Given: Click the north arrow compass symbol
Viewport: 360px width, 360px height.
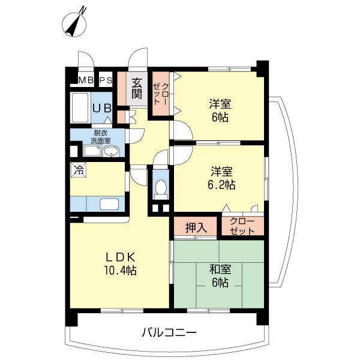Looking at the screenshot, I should [75, 23].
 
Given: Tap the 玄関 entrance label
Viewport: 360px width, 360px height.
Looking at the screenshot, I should [137, 88].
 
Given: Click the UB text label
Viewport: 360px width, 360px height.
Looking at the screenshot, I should [101, 109].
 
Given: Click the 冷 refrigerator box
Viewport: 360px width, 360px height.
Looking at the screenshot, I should [78, 170].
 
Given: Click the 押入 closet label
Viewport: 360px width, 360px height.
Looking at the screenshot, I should [196, 227].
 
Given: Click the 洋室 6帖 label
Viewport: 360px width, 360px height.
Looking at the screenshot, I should [220, 109].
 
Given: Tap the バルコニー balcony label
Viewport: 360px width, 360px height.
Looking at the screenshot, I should [169, 332].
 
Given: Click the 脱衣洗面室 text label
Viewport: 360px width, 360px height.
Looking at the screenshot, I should [100, 137].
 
